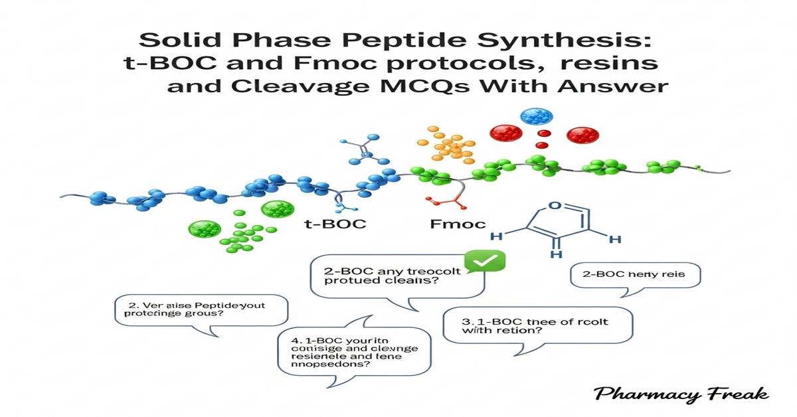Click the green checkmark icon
coord(485,263)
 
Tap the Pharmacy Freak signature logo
coord(681,395)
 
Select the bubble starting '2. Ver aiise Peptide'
coord(203,311)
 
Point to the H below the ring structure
coord(557,253)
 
